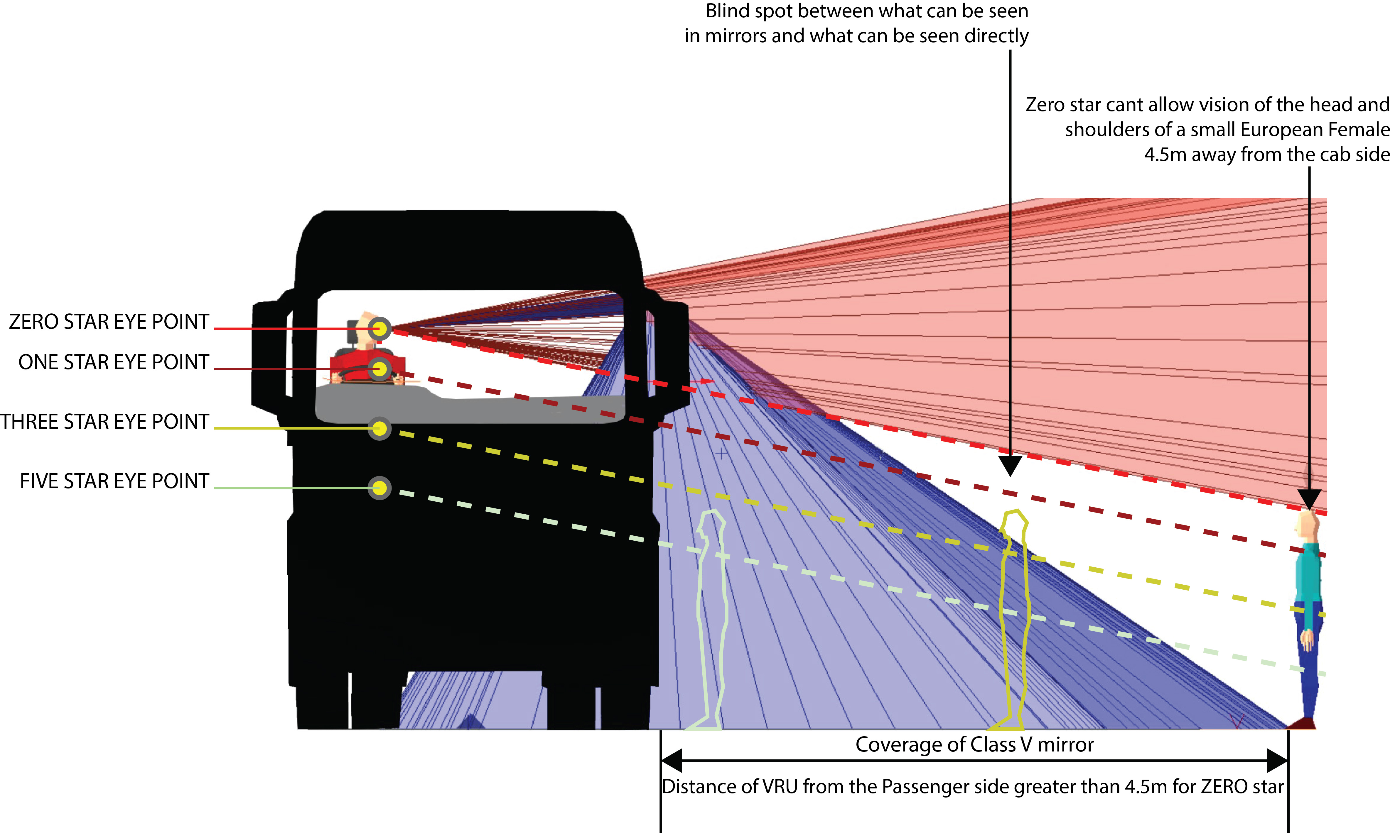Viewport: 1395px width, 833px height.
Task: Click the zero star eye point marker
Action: pos(380,328)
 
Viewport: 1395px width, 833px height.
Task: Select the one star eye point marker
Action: pos(380,369)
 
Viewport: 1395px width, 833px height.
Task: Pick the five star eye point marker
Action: pos(380,488)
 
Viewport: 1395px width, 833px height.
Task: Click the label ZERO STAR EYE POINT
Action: pos(109,322)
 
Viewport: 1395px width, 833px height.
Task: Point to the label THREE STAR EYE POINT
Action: pos(104,422)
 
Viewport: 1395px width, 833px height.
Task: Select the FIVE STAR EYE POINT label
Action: pos(115,481)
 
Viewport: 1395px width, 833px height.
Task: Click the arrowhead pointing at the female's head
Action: pos(1310,498)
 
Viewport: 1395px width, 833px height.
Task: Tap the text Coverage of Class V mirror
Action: pos(974,744)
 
